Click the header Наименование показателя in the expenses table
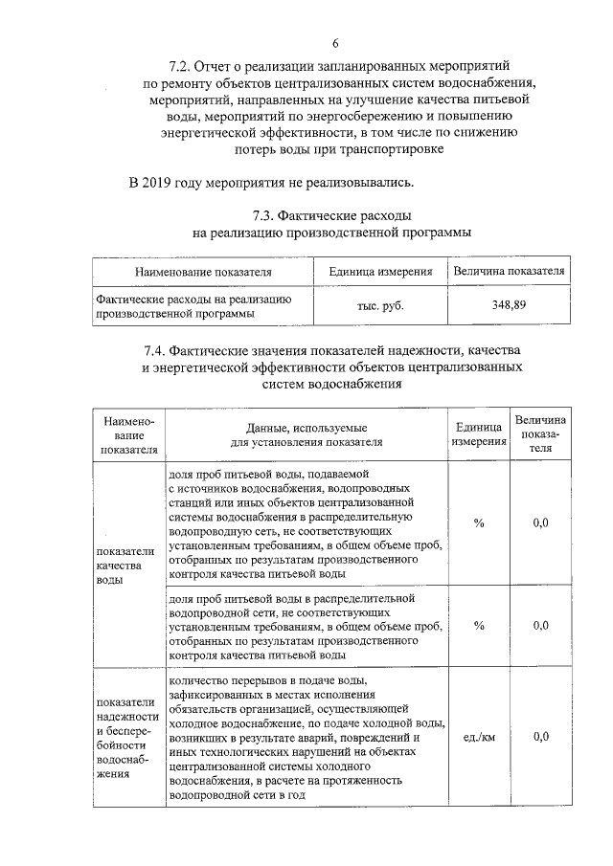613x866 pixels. click(203, 272)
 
